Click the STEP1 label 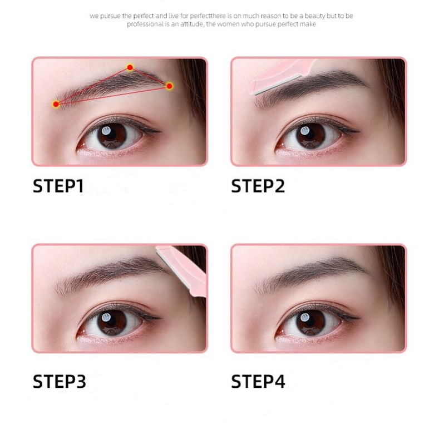[58, 185]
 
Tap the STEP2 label [258, 185]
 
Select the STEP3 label [58, 381]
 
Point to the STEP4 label [258, 381]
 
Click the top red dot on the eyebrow [130, 67]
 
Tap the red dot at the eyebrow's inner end [56, 104]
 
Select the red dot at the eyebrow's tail [169, 86]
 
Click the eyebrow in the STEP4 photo [312, 273]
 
